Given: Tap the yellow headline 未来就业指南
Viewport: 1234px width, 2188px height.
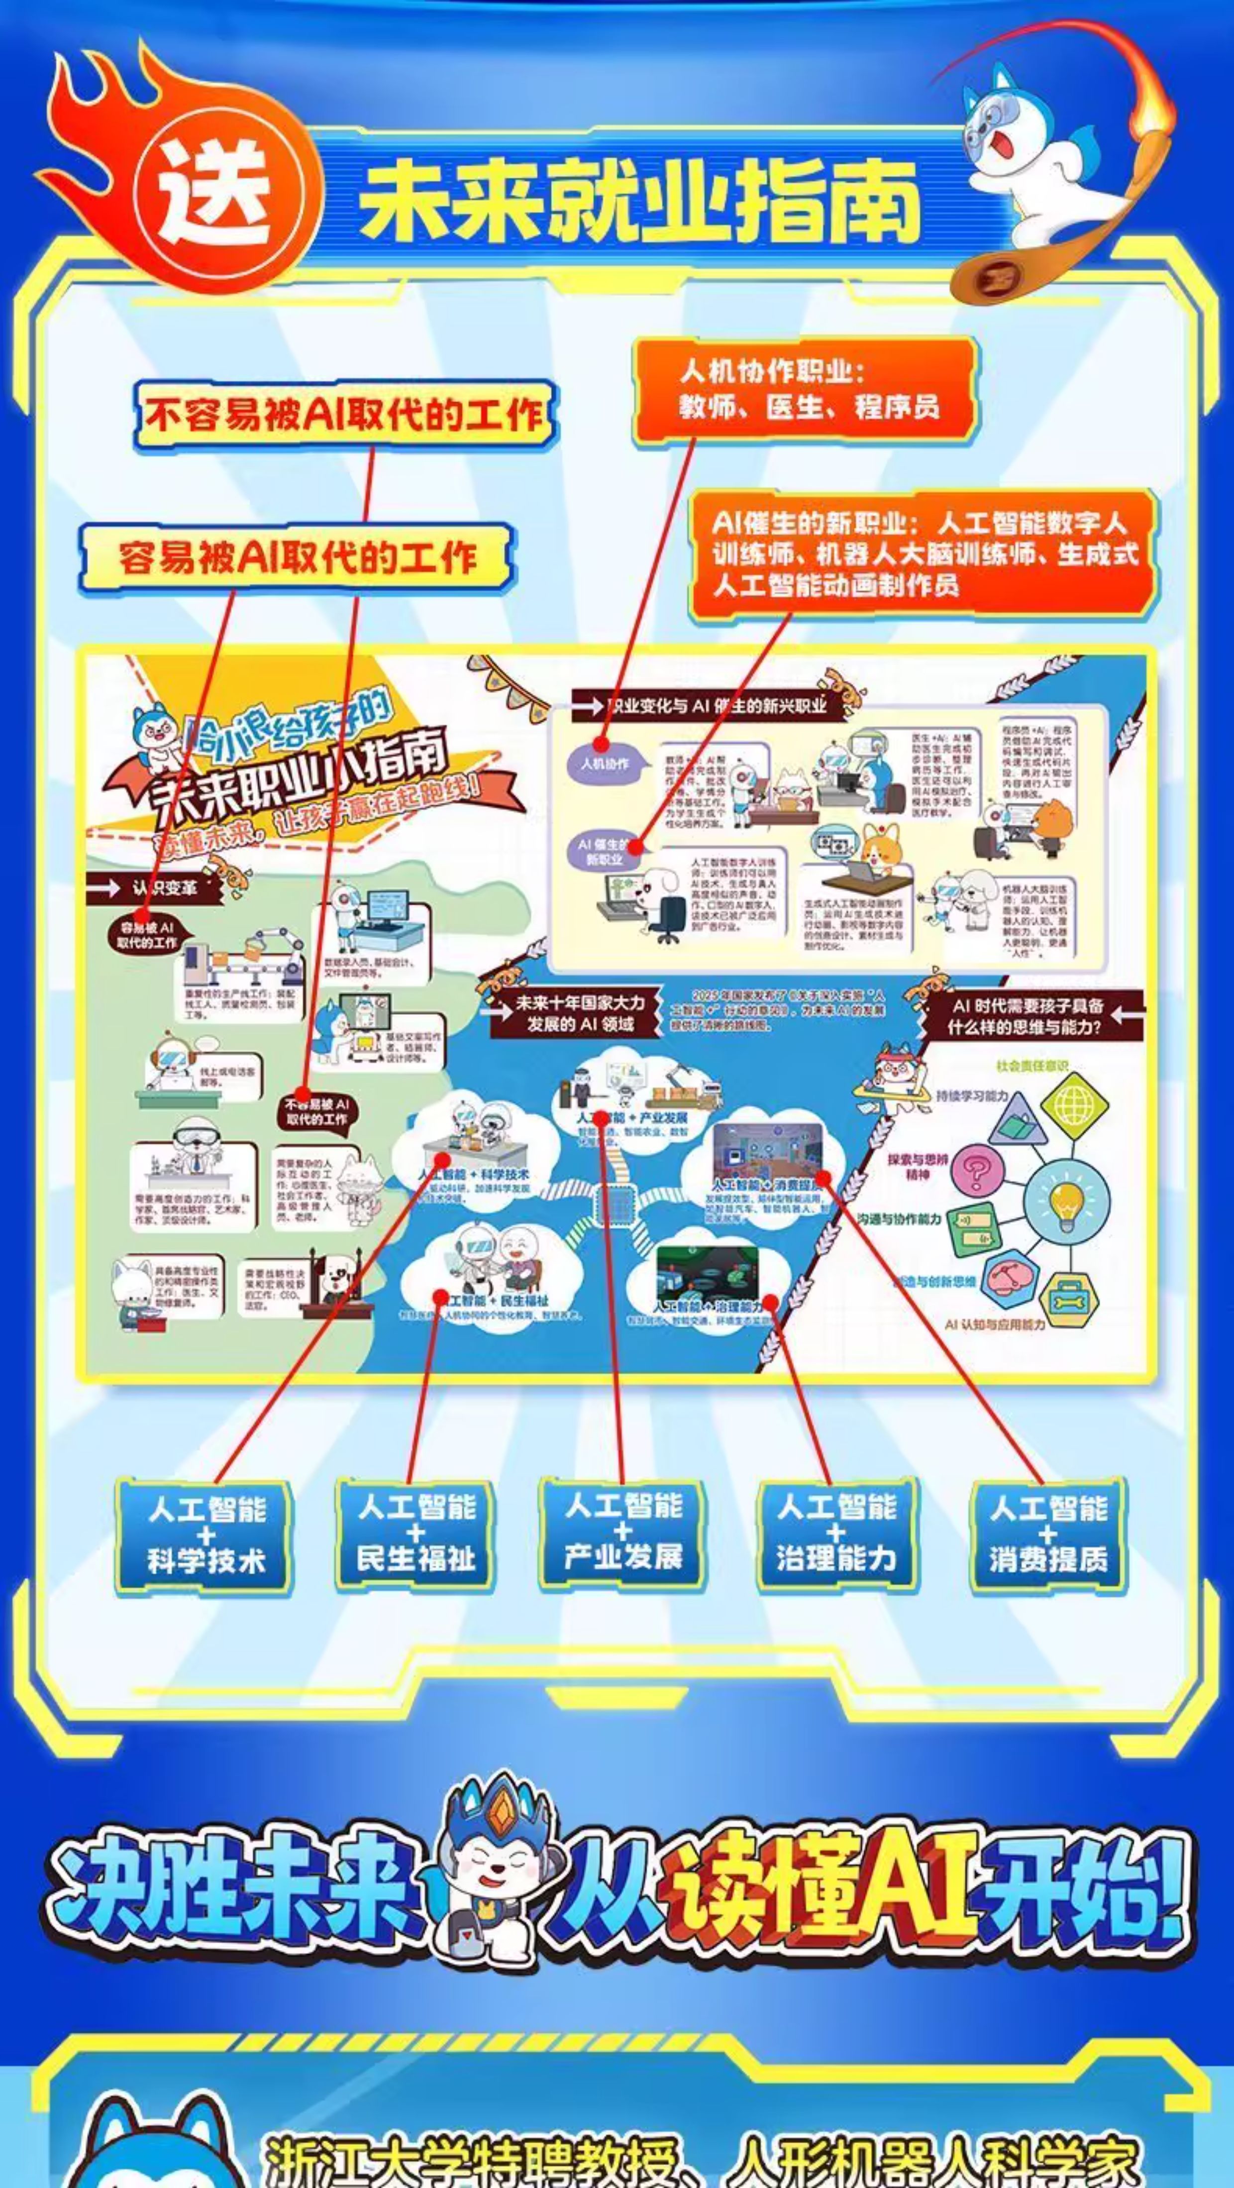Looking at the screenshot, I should tap(641, 201).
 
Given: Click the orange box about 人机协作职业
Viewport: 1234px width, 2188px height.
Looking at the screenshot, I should tap(804, 390).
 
